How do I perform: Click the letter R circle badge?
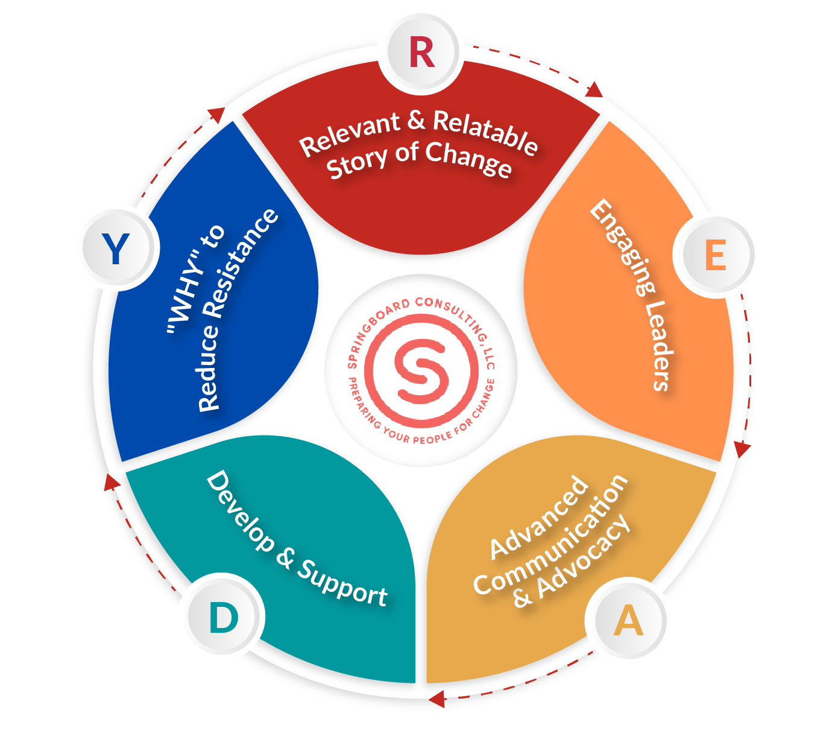(421, 53)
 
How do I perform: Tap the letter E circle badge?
(715, 256)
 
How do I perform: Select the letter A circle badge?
(628, 621)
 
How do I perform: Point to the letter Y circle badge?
(116, 249)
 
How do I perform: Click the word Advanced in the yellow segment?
(539, 517)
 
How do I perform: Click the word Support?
(343, 583)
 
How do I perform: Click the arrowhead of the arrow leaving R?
(594, 90)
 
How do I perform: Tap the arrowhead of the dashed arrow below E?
(742, 449)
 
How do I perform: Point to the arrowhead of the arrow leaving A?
(436, 699)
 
